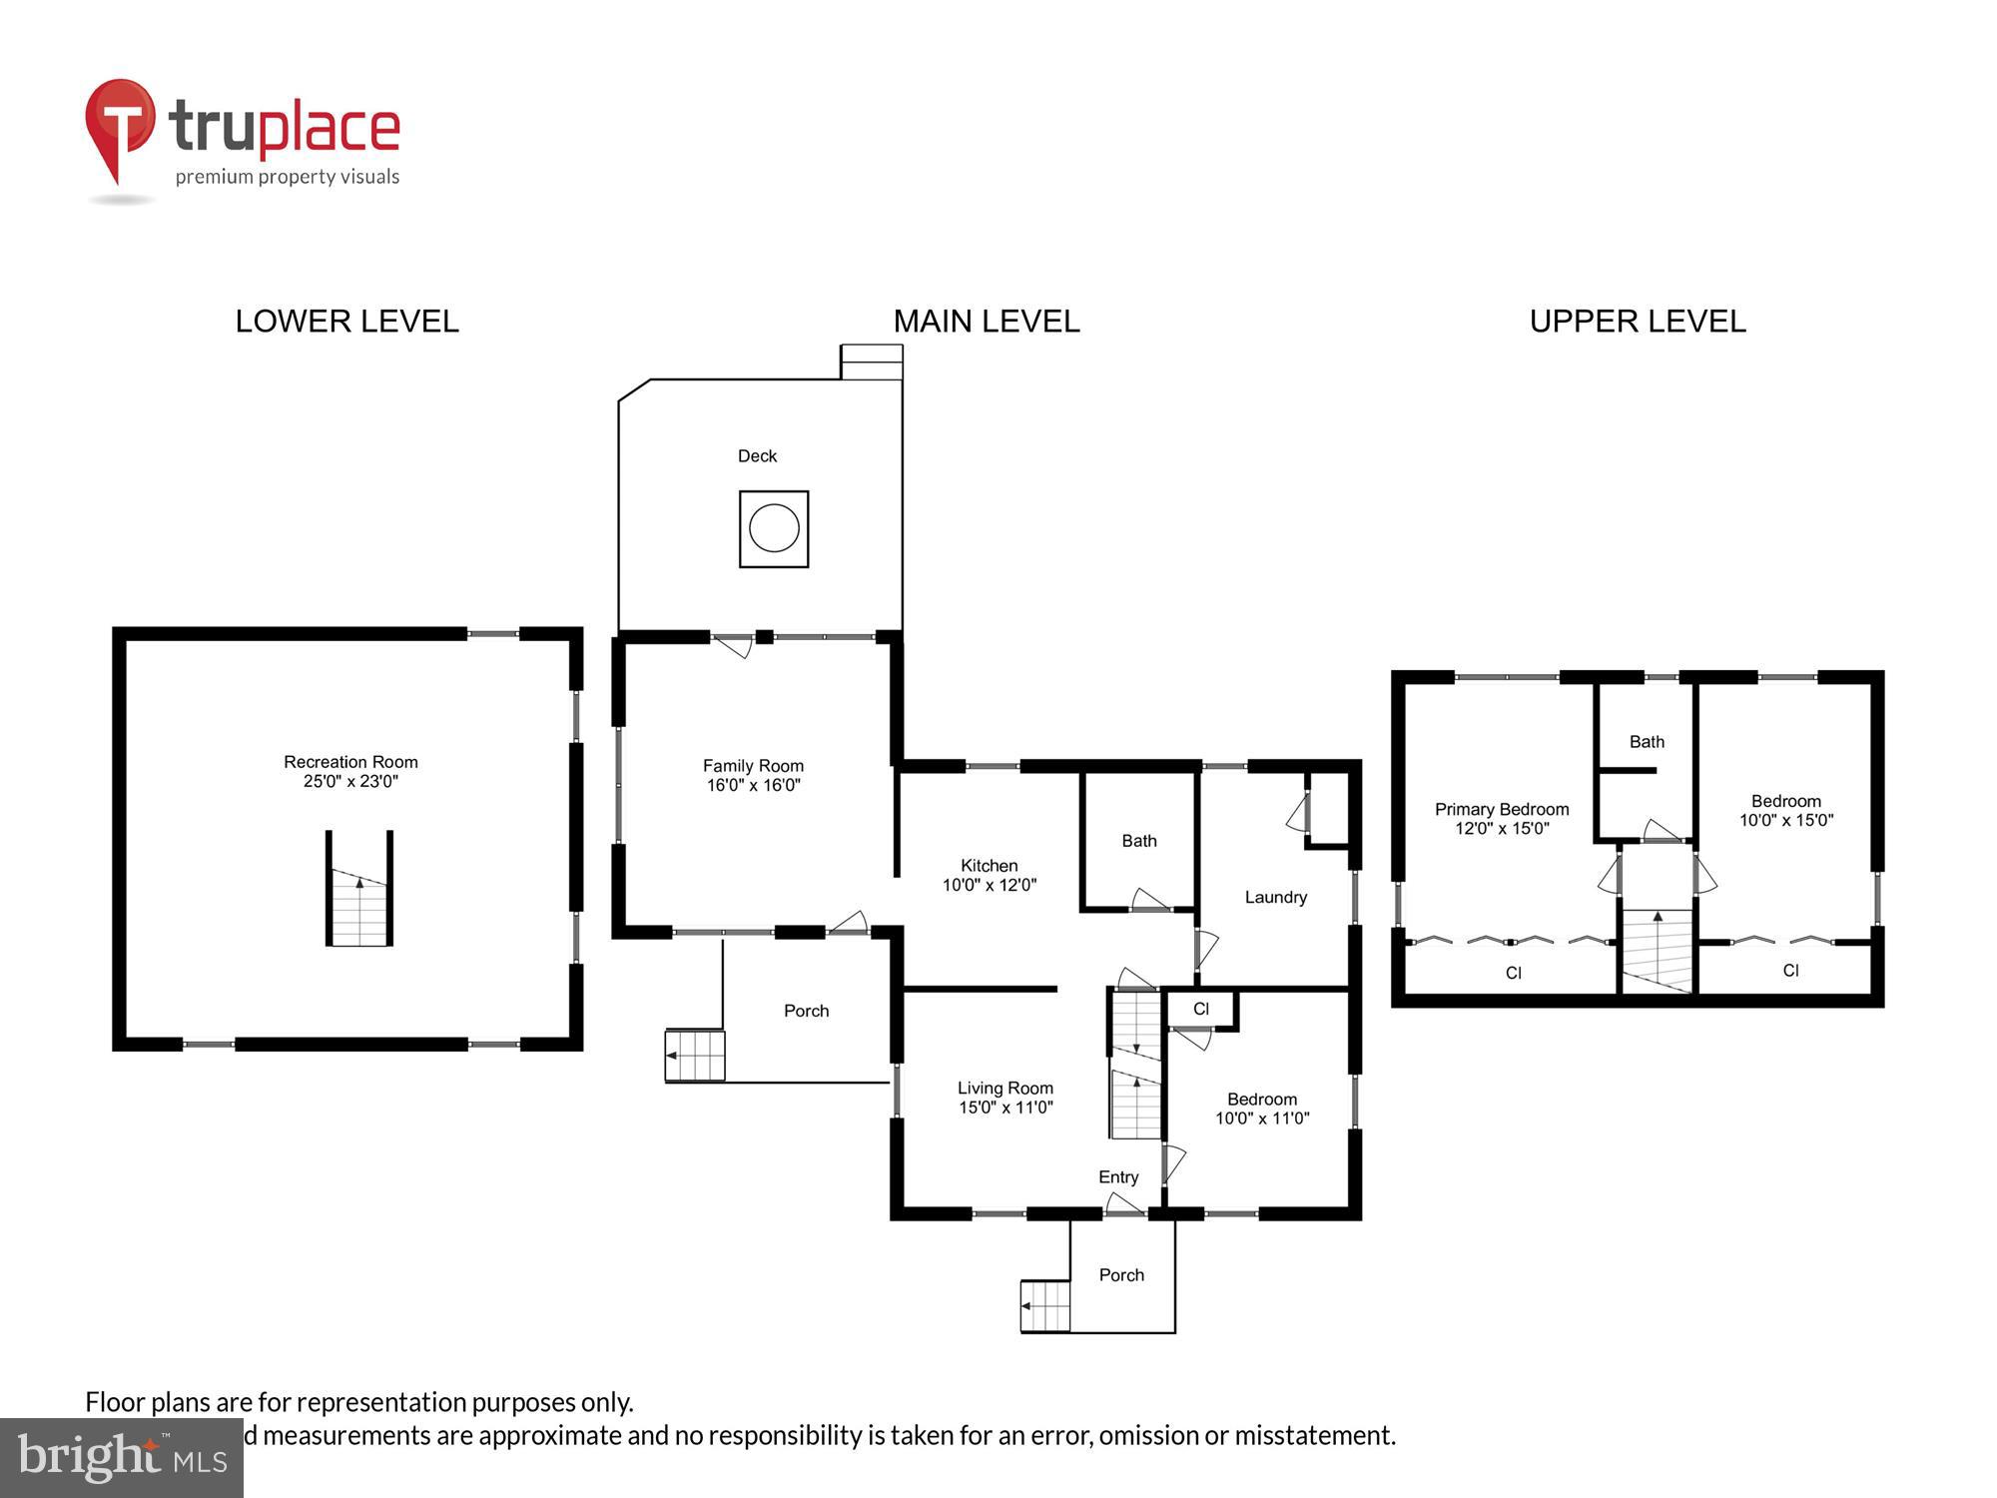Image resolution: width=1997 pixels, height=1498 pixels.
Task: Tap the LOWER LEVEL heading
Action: pyautogui.click(x=346, y=322)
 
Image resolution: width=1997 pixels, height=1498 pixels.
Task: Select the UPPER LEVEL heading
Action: pyautogui.click(x=1638, y=322)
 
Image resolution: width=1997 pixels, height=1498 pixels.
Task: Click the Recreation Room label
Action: pyautogui.click(x=350, y=762)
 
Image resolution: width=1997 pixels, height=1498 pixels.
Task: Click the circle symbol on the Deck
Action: pyautogui.click(x=774, y=528)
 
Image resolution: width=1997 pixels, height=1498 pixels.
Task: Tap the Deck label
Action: pyautogui.click(x=757, y=456)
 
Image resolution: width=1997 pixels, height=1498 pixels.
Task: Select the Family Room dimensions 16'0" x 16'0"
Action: pyautogui.click(x=754, y=786)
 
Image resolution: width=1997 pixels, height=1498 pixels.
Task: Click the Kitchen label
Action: pyautogui.click(x=989, y=866)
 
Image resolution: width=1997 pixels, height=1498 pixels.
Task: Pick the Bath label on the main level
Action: pyautogui.click(x=1138, y=841)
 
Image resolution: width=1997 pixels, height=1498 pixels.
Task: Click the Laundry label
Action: pyautogui.click(x=1275, y=897)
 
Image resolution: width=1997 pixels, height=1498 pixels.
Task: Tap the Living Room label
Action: pyautogui.click(x=1004, y=1089)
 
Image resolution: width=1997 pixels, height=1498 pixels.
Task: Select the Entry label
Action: pyautogui.click(x=1118, y=1177)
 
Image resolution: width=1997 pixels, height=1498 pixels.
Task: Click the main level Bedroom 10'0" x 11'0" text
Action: pyautogui.click(x=1262, y=1110)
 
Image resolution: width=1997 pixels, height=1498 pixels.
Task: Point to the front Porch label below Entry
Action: pyautogui.click(x=1121, y=1275)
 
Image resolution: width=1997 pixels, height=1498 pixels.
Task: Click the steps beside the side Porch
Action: pyautogui.click(x=695, y=1056)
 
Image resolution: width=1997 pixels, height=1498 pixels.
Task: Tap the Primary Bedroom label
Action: pyautogui.click(x=1502, y=810)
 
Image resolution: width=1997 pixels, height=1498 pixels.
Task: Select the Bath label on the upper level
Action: pyautogui.click(x=1647, y=742)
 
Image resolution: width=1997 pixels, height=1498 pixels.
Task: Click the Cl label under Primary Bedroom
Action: pyautogui.click(x=1513, y=973)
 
